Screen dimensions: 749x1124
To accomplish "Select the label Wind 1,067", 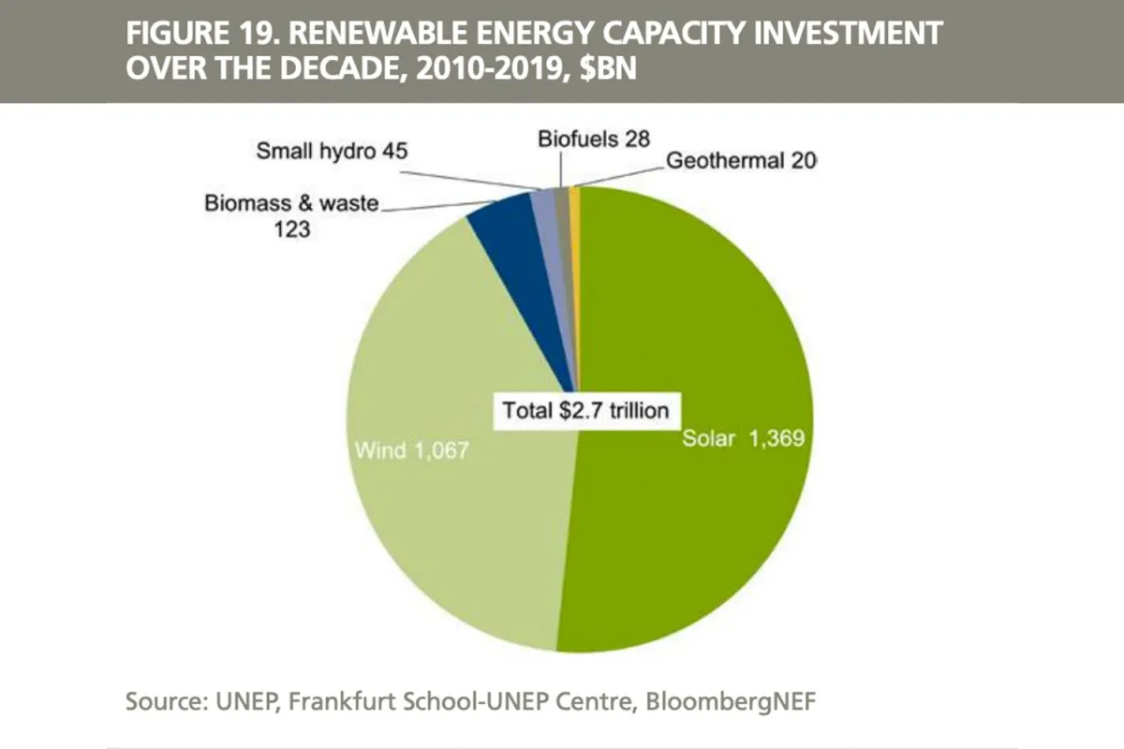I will pos(411,450).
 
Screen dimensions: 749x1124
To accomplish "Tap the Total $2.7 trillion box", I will pos(586,409).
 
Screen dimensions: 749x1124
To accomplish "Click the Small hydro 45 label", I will pos(332,151).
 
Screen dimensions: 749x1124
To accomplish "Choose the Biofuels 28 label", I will pos(594,140).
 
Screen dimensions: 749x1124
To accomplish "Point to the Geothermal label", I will pos(740,160).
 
